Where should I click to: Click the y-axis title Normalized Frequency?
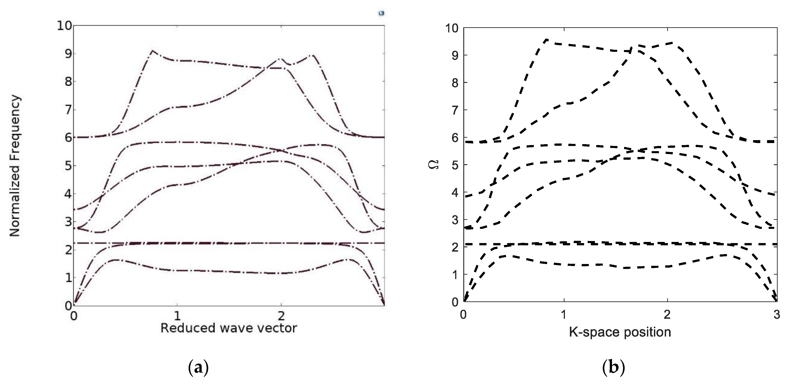15,166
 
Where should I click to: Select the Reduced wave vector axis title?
228,328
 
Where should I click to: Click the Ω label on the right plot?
436,164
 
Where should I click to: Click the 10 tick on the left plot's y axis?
64,26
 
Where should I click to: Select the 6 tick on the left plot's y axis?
68,138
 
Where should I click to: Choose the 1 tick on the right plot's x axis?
564,314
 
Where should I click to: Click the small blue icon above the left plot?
381,13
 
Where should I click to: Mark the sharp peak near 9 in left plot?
152,51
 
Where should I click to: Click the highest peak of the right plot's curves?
547,39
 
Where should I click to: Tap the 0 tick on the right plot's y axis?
455,302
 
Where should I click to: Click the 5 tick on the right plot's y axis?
455,165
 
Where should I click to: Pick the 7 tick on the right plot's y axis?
455,110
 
